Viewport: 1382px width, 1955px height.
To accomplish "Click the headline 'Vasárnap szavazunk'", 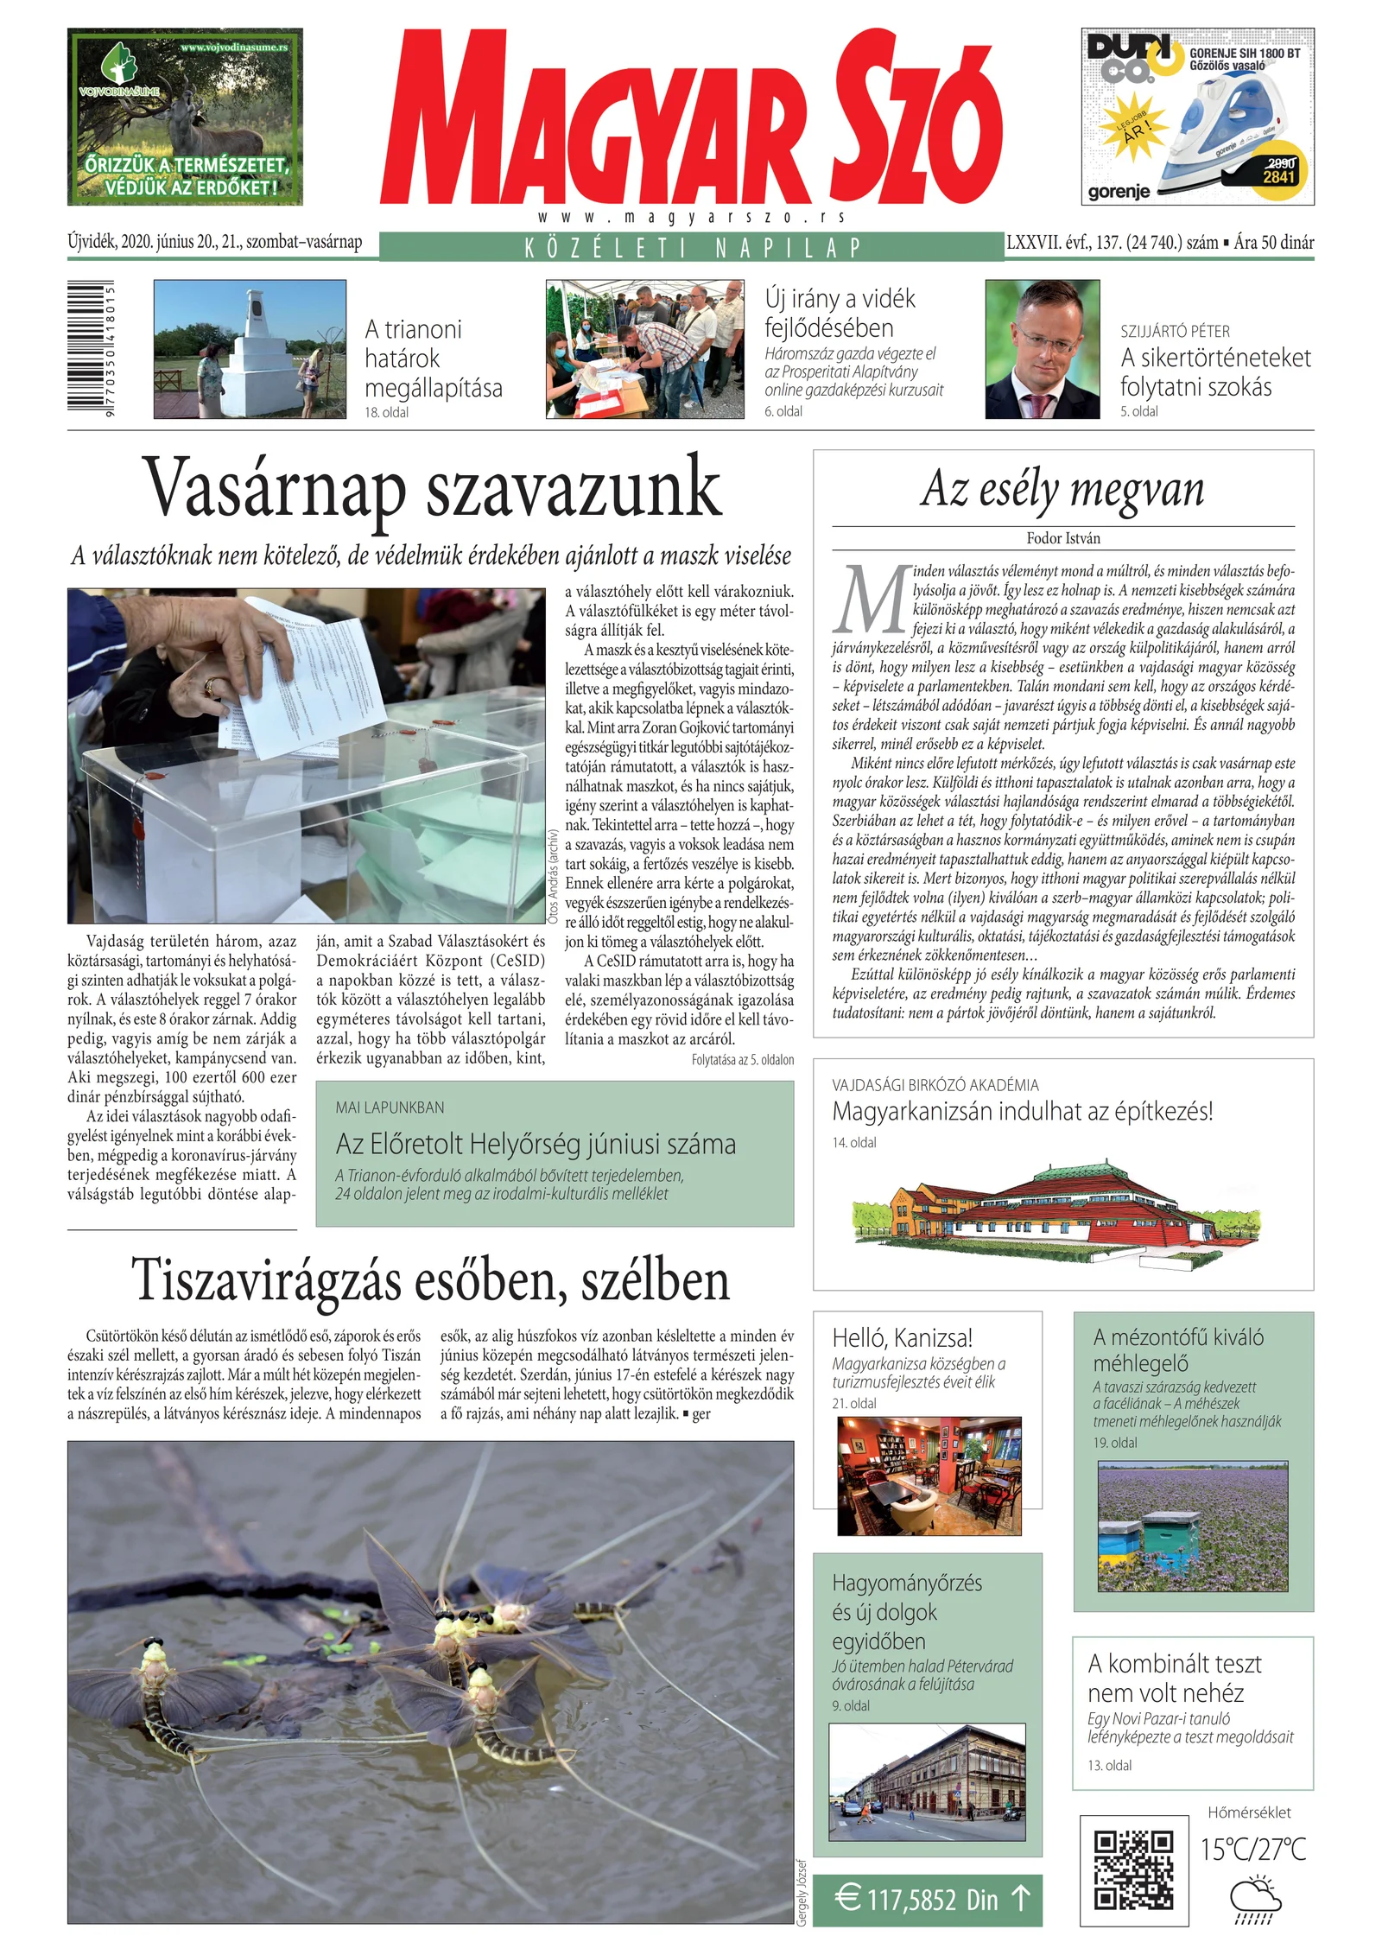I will [x=431, y=489].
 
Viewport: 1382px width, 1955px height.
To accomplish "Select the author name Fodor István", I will [x=1063, y=538].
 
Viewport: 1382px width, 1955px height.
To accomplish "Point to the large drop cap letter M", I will [x=871, y=599].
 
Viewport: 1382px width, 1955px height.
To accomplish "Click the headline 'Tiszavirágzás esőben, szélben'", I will [x=430, y=1279].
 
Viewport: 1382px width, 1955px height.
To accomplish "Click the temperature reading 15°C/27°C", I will [x=1252, y=1850].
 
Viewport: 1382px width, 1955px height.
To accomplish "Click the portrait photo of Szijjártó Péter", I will [x=1043, y=349].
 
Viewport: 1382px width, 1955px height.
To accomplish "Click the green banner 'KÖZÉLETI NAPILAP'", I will [x=691, y=248].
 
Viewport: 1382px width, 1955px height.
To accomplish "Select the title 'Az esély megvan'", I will [x=1062, y=488].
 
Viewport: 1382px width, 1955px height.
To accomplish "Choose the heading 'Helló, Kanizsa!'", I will [x=903, y=1338].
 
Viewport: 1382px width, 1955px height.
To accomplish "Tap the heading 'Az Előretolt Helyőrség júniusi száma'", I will [x=536, y=1144].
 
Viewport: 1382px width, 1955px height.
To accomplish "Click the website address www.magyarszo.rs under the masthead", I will [x=691, y=218].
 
